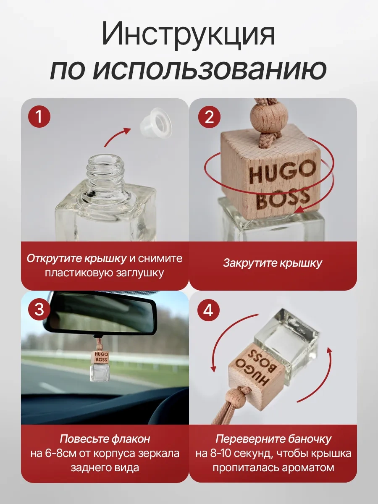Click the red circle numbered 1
(39, 117)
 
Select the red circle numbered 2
(209, 117)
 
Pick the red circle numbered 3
(39, 309)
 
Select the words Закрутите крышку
(273, 263)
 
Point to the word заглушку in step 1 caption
(141, 273)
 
